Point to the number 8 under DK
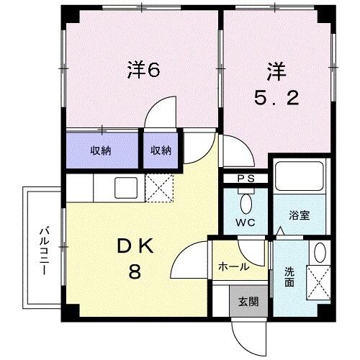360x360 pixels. (x=135, y=273)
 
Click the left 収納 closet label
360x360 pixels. (x=101, y=150)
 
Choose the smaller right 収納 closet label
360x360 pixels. (x=161, y=150)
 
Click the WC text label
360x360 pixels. (x=246, y=222)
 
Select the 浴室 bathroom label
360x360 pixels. (x=300, y=215)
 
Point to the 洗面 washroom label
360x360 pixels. (x=289, y=279)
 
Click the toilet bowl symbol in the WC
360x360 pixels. (x=247, y=202)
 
